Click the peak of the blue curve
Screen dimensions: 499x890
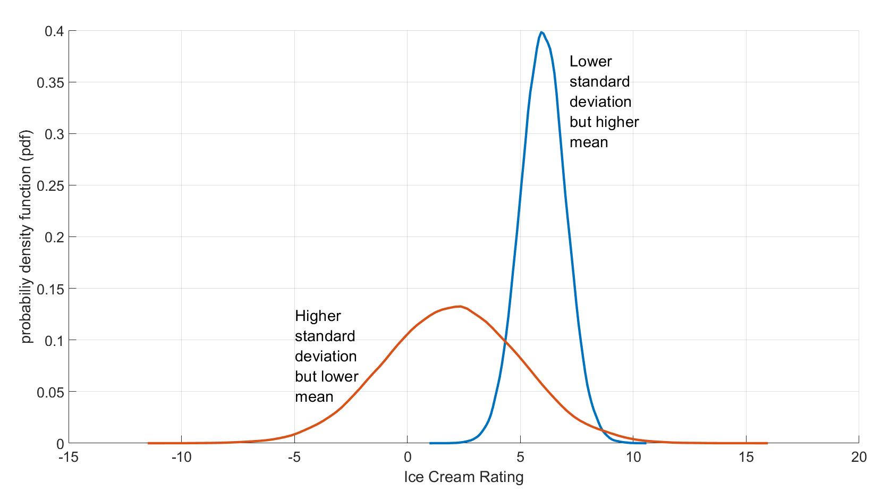[x=541, y=32]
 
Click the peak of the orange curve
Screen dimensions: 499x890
[x=460, y=306]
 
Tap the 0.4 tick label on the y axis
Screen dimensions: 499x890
[x=54, y=31]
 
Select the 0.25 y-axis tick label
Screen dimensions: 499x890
[x=50, y=185]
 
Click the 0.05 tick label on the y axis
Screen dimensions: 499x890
[x=50, y=392]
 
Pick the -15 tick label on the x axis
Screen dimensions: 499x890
[x=69, y=458]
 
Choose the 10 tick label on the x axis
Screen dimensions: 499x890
[x=633, y=458]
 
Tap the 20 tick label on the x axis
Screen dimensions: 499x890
[x=859, y=458]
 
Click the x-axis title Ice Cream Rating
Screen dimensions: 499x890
[x=463, y=477]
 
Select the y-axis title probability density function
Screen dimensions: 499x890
[x=27, y=236]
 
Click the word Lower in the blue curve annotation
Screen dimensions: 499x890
[x=590, y=62]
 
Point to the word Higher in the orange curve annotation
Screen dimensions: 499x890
[x=318, y=316]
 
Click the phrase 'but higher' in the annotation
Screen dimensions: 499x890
[x=604, y=122]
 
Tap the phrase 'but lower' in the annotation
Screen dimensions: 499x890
[x=326, y=377]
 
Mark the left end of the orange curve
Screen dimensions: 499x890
[x=149, y=443]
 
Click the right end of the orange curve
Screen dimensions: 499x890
[x=767, y=443]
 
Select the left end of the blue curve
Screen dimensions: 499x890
[x=430, y=443]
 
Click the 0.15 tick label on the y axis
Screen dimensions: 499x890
[x=50, y=289]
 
